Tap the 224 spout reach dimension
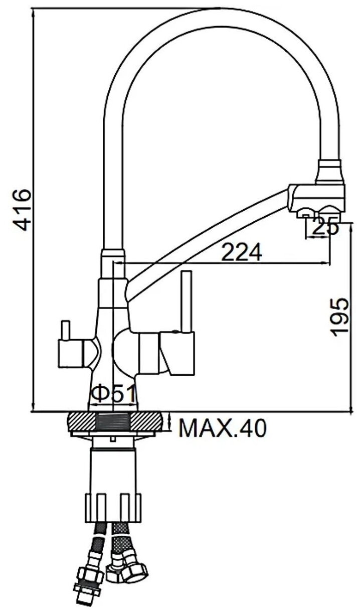[x=241, y=252]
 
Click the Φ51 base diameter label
[x=113, y=393]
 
